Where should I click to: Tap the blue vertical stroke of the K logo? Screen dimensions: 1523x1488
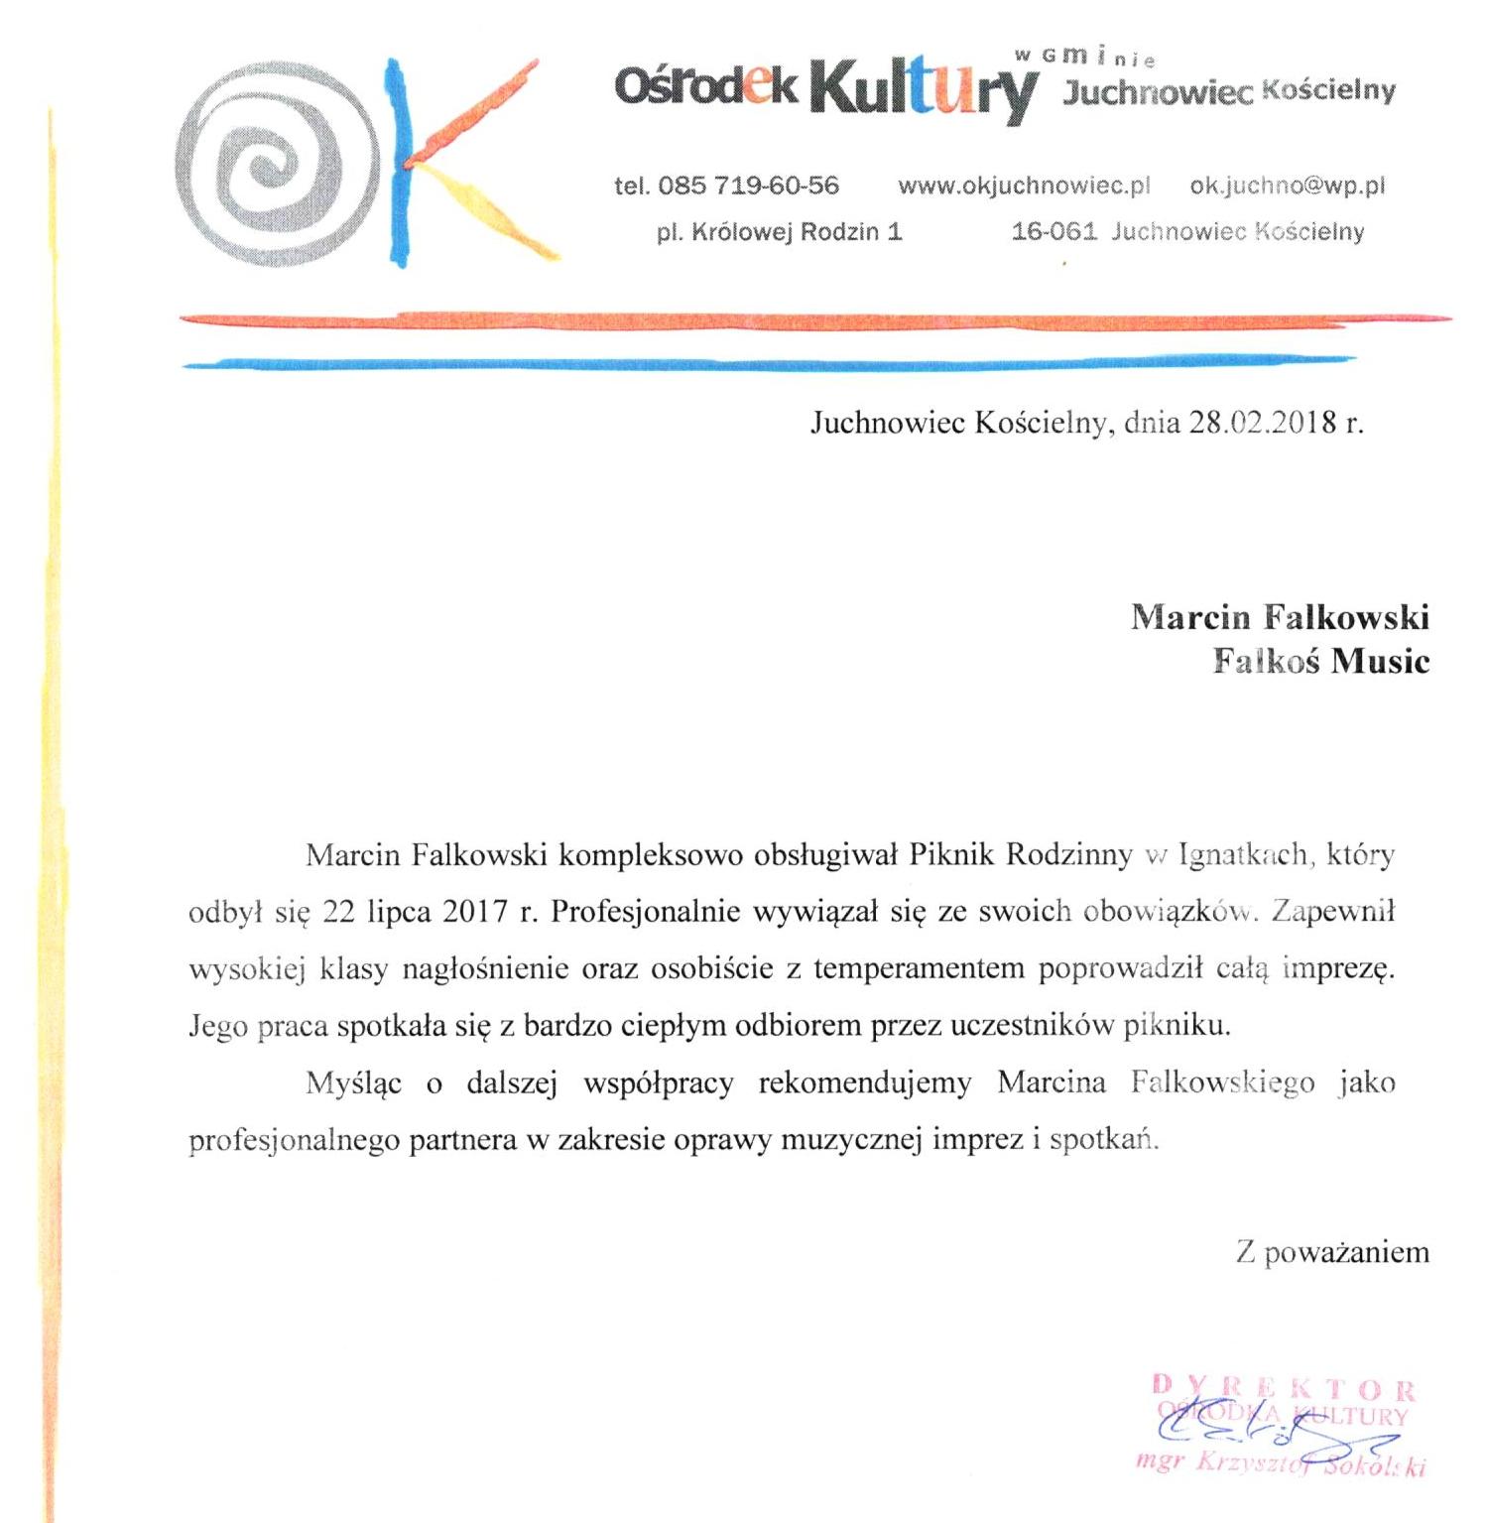coord(399,164)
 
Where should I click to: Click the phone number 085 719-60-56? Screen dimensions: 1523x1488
coord(748,186)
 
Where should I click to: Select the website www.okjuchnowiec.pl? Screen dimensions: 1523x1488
coord(1024,186)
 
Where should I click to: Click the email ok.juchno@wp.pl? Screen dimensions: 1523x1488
coord(1287,186)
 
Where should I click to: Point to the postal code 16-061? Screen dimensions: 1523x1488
coord(1054,232)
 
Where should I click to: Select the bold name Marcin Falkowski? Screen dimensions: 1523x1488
coord(1280,617)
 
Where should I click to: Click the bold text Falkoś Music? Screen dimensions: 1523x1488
coord(1320,661)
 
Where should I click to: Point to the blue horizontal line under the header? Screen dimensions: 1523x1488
coord(794,364)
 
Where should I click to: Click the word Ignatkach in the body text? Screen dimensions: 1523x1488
coord(1245,855)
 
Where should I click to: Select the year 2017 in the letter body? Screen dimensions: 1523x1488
coord(475,912)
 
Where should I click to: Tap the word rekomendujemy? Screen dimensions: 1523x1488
coord(864,1082)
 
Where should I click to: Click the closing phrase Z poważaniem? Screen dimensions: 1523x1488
coord(1332,1252)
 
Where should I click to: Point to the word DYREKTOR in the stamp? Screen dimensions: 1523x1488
coord(1284,1389)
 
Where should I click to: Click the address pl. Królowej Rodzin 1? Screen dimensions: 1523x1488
coord(779,232)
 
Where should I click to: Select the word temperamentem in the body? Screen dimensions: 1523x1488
coord(918,968)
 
